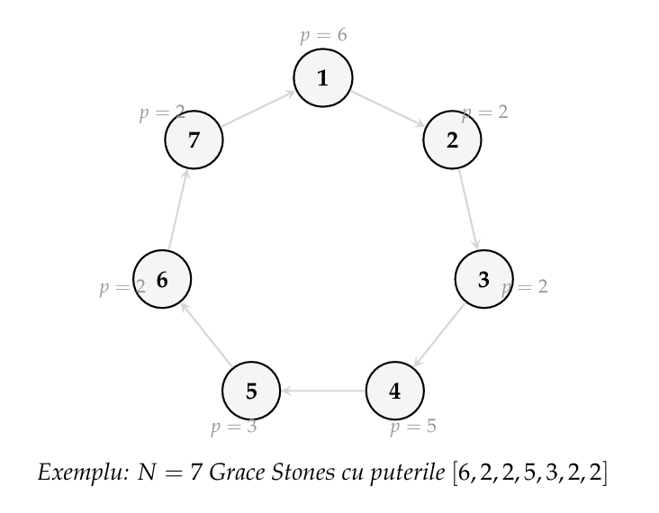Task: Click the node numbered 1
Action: click(x=322, y=78)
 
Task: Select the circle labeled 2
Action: click(x=452, y=140)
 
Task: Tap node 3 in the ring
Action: click(x=483, y=280)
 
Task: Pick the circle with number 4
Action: click(x=394, y=391)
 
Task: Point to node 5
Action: click(x=251, y=391)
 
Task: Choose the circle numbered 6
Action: click(x=162, y=280)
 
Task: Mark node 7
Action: click(x=194, y=140)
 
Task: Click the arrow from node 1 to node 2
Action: click(x=387, y=109)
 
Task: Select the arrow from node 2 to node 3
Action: click(x=468, y=210)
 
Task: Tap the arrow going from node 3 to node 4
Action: click(x=439, y=335)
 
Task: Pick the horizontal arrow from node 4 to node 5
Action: click(x=322, y=391)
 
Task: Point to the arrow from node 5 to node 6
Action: click(x=206, y=335)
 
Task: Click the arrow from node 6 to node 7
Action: click(x=177, y=210)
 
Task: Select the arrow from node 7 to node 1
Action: click(x=257, y=109)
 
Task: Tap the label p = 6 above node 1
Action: click(x=323, y=35)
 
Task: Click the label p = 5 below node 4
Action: click(x=413, y=427)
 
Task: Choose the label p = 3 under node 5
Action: click(x=234, y=427)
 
